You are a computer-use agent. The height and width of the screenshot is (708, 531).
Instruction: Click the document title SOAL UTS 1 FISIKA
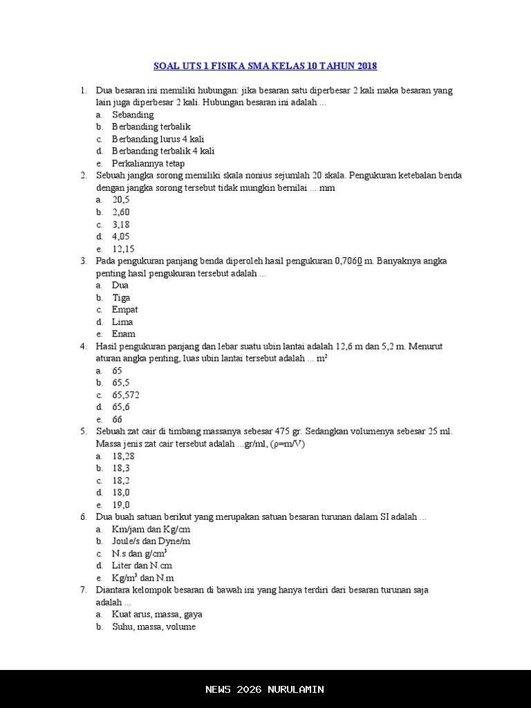pos(265,66)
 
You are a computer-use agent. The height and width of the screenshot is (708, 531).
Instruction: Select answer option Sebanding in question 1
pos(133,115)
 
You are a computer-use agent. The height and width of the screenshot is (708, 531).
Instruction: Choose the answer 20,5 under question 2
pos(121,200)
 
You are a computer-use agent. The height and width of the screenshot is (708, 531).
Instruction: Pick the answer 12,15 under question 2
pos(123,249)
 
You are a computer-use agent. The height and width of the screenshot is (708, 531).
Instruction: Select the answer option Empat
pos(124,310)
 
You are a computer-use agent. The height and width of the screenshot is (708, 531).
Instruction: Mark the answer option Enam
pos(123,334)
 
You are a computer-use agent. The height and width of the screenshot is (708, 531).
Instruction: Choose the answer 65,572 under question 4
pos(126,395)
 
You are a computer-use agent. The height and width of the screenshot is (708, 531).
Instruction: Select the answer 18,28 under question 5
pos(123,456)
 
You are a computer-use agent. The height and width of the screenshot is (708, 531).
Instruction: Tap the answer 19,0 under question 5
pos(121,505)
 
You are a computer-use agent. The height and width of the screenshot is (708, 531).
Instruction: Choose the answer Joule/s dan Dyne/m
pos(151,541)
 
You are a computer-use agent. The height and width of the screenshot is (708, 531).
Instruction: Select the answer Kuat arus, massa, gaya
pos(157,614)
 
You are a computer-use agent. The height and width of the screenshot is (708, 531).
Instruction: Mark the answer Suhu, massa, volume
pos(153,626)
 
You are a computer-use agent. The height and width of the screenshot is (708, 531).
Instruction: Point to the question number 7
pos(83,590)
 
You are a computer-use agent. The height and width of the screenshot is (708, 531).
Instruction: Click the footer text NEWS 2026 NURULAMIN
pos(265,689)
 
